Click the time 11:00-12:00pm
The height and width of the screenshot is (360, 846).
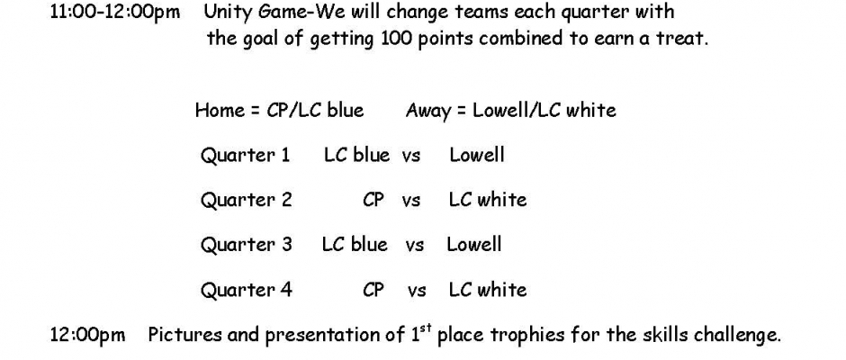click(x=115, y=12)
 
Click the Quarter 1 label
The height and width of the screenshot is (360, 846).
click(x=246, y=156)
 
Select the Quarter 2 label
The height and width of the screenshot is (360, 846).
click(x=246, y=200)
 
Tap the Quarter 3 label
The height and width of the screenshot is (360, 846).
click(x=246, y=245)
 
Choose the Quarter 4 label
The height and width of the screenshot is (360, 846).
click(x=246, y=290)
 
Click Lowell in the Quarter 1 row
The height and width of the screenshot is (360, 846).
click(x=477, y=155)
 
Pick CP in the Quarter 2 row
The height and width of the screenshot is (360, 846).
click(x=373, y=200)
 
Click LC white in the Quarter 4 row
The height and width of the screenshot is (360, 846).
click(x=488, y=290)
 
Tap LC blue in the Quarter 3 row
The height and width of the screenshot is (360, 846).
click(x=355, y=245)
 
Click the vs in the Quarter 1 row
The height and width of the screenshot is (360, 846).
click(x=410, y=157)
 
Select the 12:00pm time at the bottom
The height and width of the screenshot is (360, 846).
click(x=87, y=335)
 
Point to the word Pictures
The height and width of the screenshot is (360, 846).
click(x=185, y=335)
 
